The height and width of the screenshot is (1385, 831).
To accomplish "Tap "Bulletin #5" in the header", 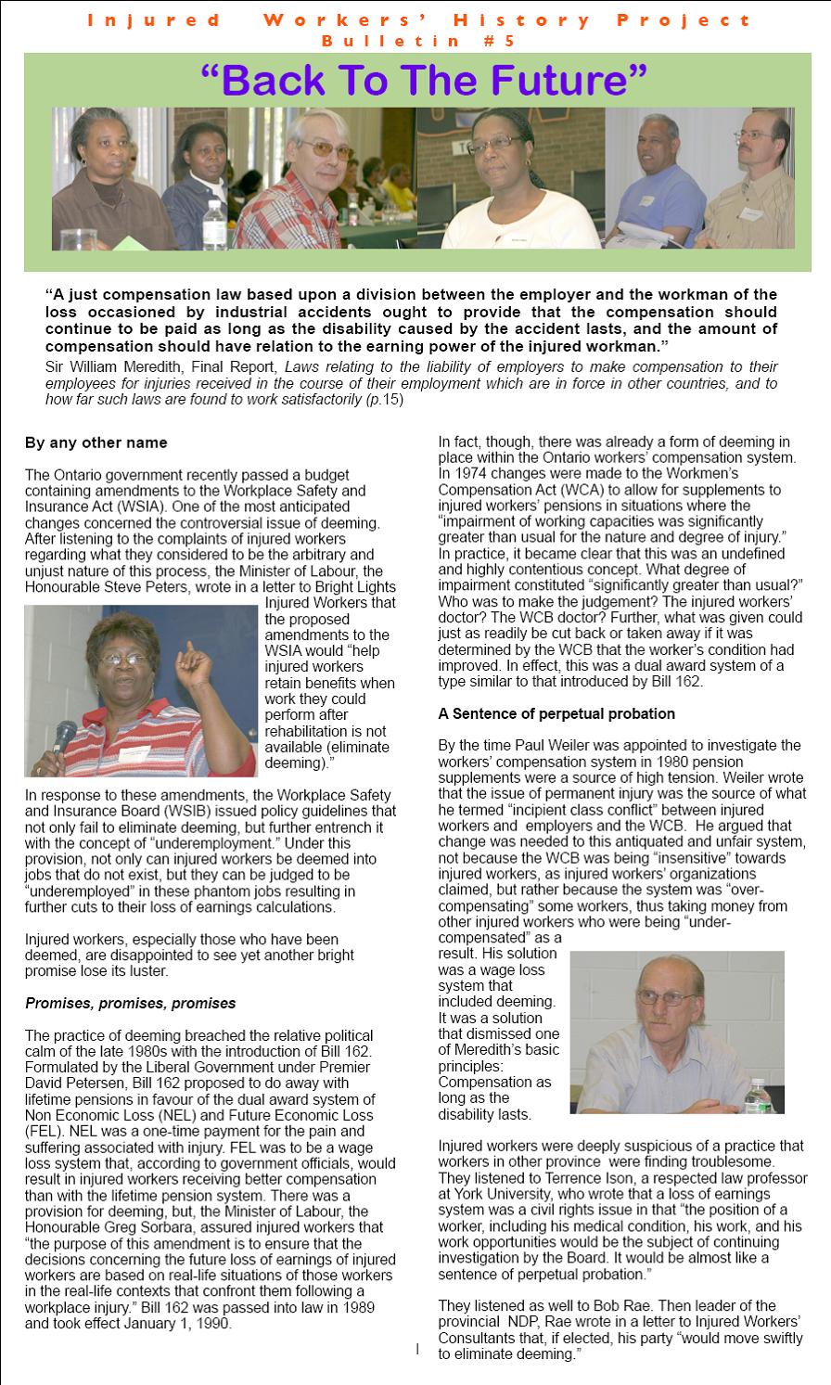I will pos(416,41).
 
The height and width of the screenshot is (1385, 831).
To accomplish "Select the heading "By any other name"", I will pos(96,442).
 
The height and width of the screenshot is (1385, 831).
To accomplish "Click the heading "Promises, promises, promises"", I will pos(130,1003).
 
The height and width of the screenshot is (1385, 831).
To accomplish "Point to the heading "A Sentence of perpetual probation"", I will pos(556,713).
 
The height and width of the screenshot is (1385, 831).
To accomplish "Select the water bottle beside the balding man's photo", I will pos(759,1097).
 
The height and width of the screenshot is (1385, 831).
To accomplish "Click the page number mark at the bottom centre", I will pos(417,1348).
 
